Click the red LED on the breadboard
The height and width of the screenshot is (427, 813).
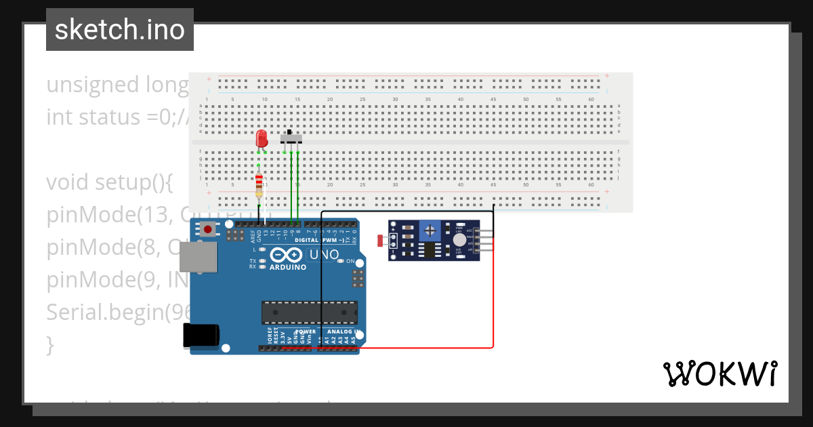point(262,139)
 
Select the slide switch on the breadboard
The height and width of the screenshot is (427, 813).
point(291,138)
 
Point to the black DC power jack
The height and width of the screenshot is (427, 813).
point(201,336)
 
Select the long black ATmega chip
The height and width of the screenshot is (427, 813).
point(309,312)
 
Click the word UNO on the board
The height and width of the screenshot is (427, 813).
point(324,255)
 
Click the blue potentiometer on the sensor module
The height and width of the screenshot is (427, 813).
point(430,232)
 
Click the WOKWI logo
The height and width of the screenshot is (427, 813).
point(720,373)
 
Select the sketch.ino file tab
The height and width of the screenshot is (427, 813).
point(120,30)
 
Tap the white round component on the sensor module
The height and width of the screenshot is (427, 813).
point(460,239)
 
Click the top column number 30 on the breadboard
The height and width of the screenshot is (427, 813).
point(395,100)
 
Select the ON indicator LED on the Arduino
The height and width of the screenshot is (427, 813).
point(341,261)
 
